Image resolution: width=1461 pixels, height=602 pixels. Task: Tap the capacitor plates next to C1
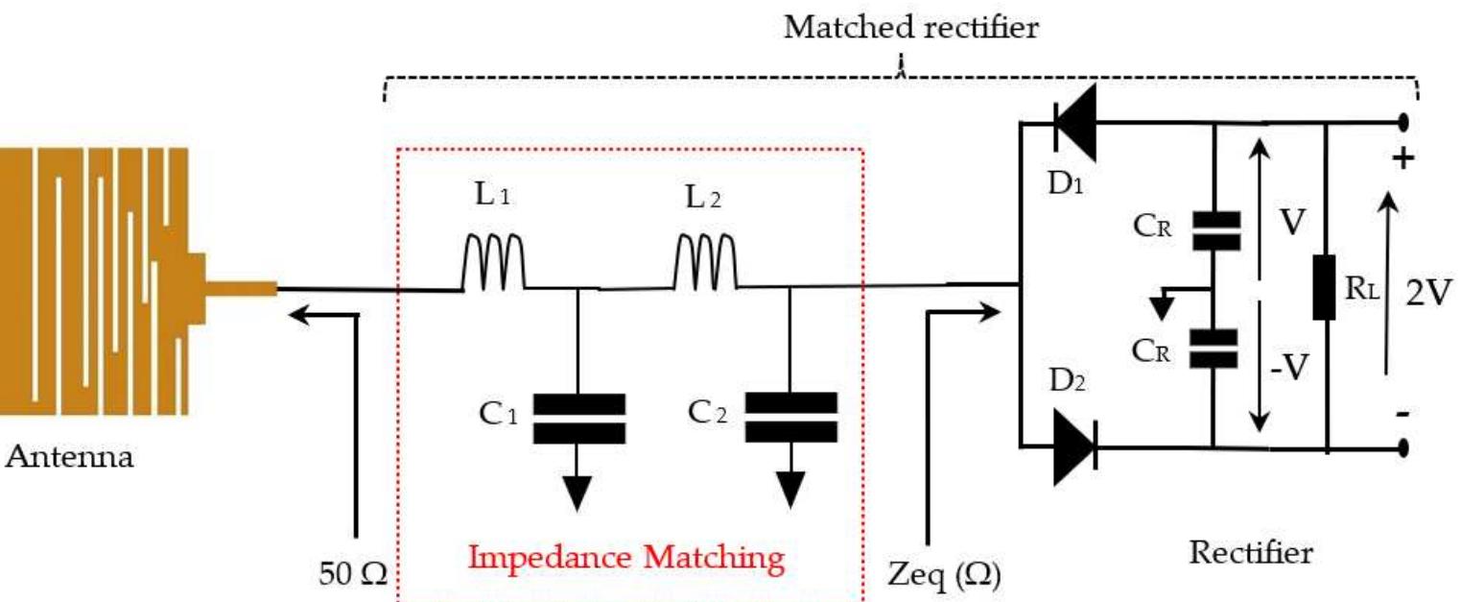578,418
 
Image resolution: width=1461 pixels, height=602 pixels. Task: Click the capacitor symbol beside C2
790,418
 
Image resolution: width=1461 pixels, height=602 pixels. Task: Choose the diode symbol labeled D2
1074,447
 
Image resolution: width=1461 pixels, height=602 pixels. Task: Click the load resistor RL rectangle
1325,286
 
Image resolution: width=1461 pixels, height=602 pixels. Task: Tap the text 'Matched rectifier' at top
910,27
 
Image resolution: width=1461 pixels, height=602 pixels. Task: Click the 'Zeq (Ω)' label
941,575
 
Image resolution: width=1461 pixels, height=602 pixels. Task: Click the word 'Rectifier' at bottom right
1251,553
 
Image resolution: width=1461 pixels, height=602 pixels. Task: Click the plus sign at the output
1402,157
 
